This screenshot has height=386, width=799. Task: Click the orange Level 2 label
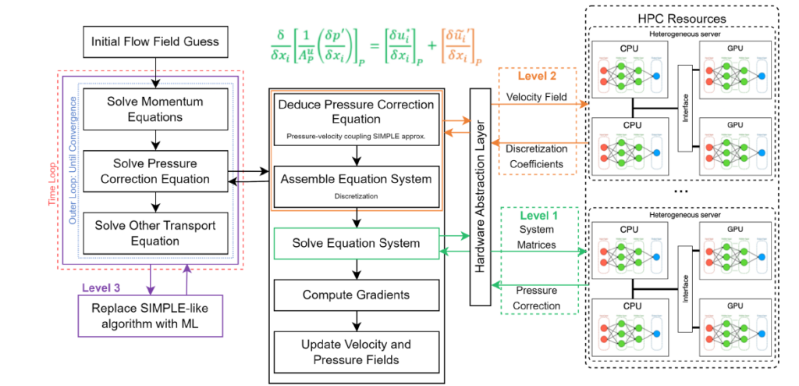click(x=537, y=77)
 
